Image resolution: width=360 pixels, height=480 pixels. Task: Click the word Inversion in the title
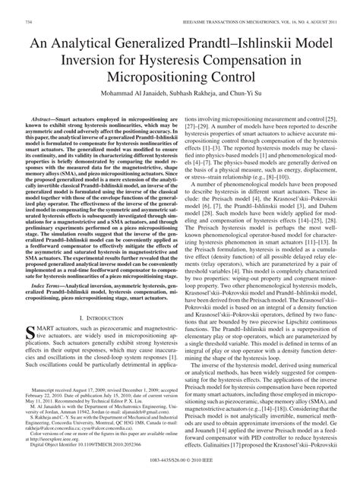pos(78,61)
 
